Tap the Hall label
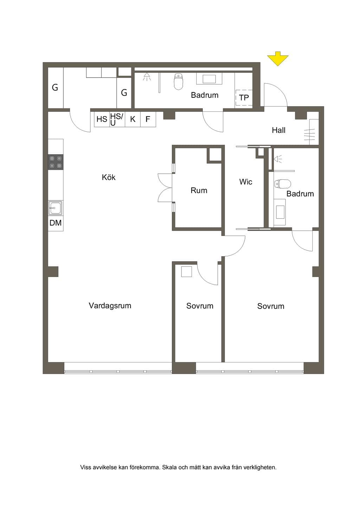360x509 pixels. coord(279,130)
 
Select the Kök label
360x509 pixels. coord(109,177)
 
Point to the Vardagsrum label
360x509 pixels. coord(110,305)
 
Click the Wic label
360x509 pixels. coord(246,182)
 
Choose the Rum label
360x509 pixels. coord(199,191)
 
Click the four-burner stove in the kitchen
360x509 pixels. coord(56,162)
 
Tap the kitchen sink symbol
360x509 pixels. coord(56,208)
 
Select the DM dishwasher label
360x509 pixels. coord(56,223)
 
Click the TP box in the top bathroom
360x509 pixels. coord(244,98)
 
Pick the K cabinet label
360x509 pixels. coord(133,119)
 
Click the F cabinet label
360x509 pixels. coord(148,119)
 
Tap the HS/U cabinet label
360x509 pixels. coord(116,120)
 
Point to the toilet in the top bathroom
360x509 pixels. coord(178,81)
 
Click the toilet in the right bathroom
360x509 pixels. coord(283,184)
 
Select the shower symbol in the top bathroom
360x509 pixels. coord(147,77)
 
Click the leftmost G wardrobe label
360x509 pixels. coord(55,88)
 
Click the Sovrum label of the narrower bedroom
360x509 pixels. coord(200,306)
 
